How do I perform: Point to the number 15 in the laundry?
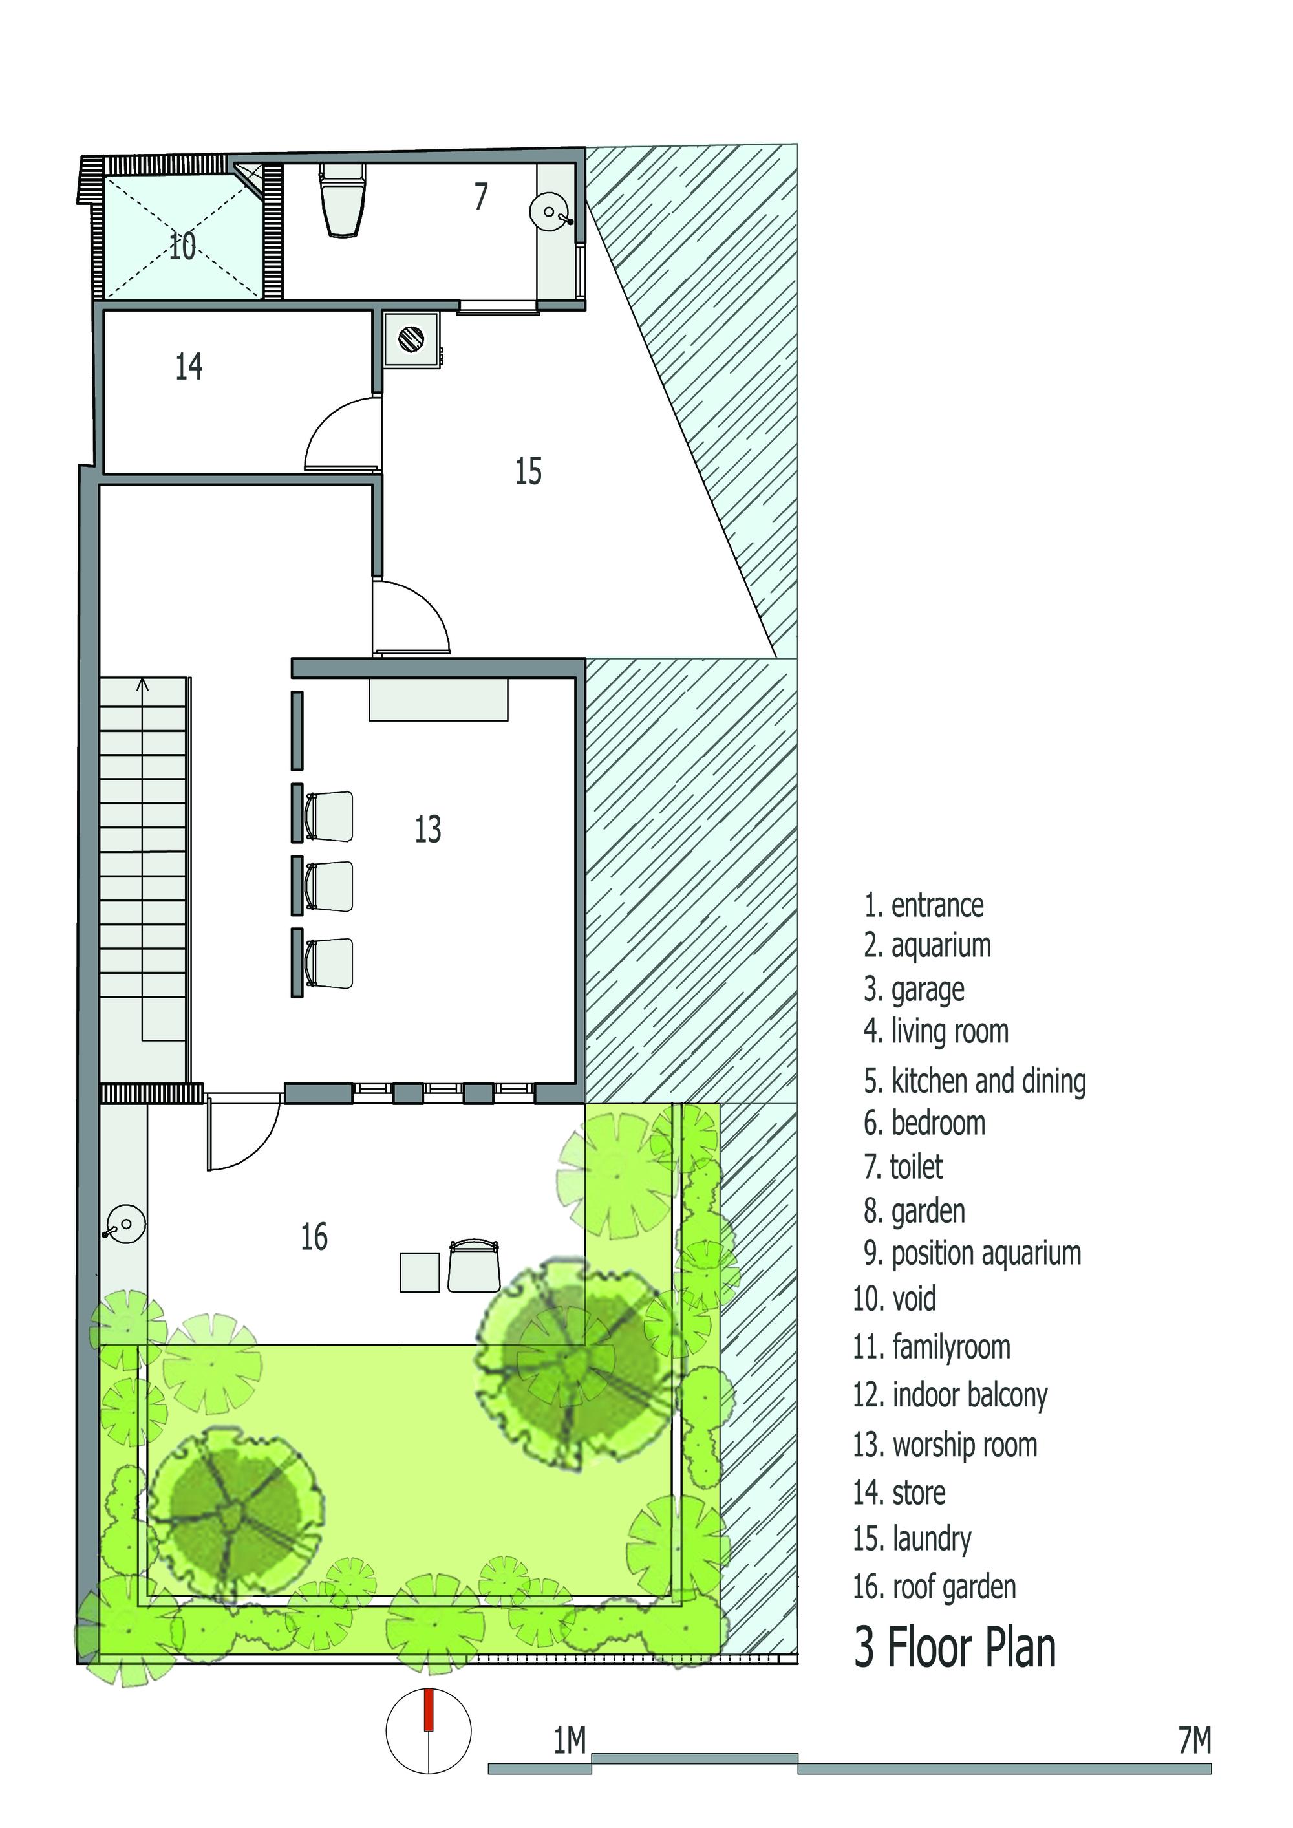coord(528,471)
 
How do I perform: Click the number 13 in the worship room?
coord(427,829)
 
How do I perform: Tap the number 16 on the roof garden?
coord(314,1236)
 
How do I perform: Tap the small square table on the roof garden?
coord(420,1273)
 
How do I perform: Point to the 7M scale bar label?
coord(1194,1741)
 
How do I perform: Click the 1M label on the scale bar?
coord(570,1741)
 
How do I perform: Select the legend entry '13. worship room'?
coord(945,1445)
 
